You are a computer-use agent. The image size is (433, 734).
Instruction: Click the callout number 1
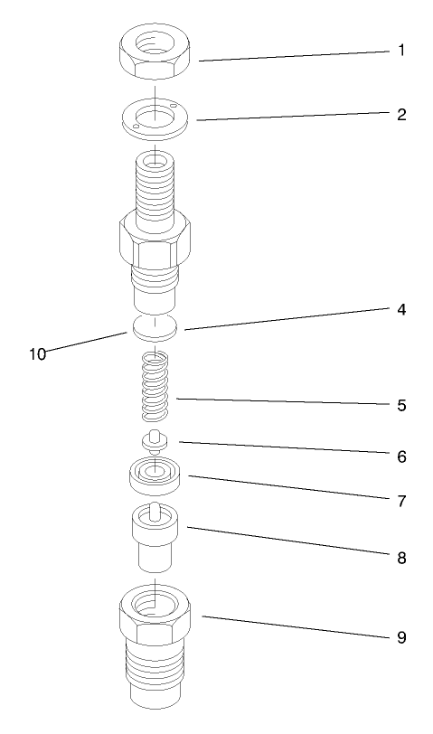coord(400,50)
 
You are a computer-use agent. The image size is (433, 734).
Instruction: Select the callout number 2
coord(400,115)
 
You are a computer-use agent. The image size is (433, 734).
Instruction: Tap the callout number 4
coord(400,308)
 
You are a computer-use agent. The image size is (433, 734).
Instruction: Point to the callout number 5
coord(400,405)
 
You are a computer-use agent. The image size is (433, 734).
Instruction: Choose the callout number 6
coord(400,456)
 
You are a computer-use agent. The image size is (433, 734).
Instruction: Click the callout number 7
coord(400,500)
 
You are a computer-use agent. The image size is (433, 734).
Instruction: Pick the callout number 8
coord(400,558)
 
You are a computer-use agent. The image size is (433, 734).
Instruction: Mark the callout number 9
coord(400,637)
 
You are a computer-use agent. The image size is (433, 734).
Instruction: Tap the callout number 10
coord(37,353)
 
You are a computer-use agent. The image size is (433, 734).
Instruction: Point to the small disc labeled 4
coord(155,328)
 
